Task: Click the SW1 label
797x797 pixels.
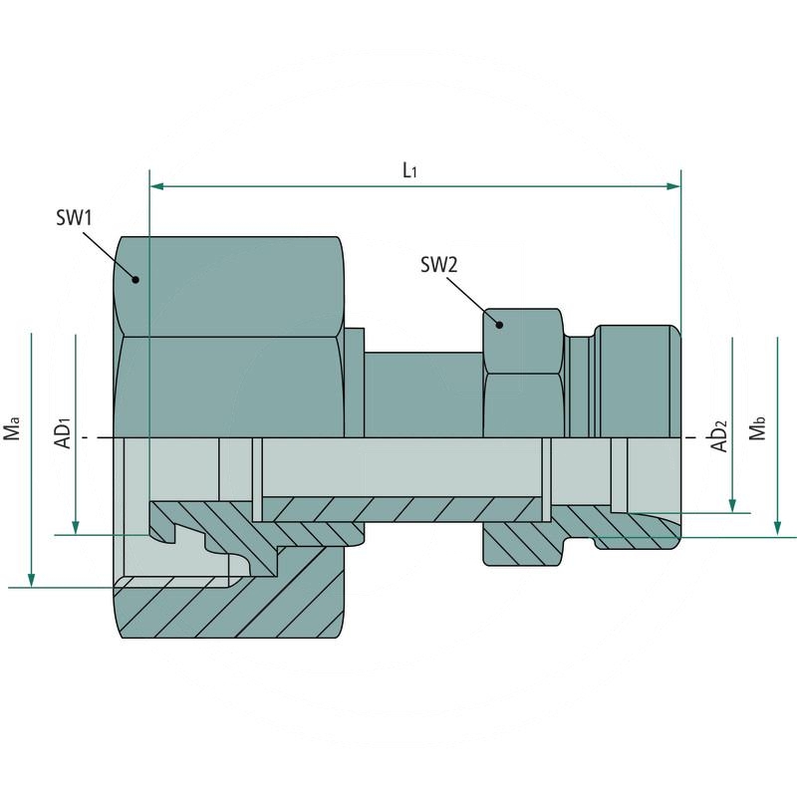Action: click(74, 217)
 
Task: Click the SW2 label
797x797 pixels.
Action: click(438, 265)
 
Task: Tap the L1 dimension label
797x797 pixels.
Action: click(409, 170)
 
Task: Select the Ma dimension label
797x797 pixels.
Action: click(13, 430)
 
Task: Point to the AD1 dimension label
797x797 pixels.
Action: click(62, 430)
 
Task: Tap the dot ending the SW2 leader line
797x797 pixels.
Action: click(498, 323)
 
